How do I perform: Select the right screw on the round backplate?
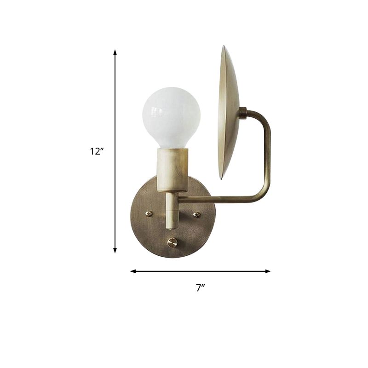196,214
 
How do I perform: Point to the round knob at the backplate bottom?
172,243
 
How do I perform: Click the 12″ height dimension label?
97,151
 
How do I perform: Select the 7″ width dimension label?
200,288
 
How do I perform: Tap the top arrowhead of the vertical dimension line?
115,52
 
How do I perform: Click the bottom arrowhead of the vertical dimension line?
115,250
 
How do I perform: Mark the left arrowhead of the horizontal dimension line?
133,271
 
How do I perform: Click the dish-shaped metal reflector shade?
229,113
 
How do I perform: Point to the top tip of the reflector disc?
224,47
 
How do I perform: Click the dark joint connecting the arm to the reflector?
243,112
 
